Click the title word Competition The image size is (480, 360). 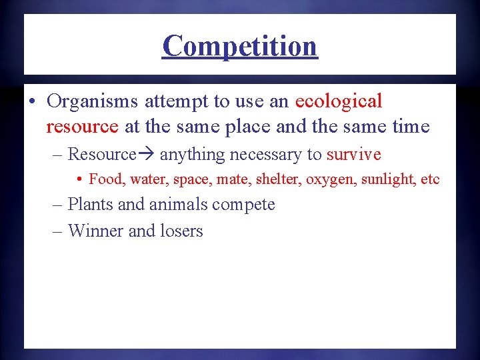240,45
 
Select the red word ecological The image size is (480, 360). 339,101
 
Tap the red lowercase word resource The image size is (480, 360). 83,126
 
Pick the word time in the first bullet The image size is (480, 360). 409,126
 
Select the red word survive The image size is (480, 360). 353,155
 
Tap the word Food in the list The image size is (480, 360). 107,179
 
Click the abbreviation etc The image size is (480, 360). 431,179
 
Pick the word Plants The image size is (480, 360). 91,204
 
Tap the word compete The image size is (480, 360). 244,205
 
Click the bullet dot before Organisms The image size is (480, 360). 32,102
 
